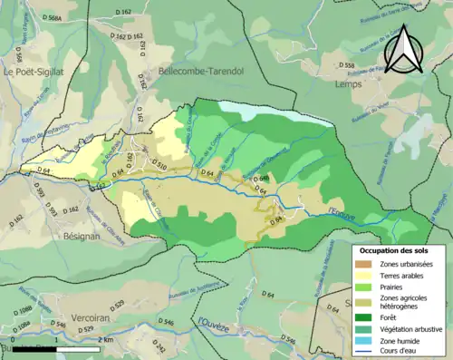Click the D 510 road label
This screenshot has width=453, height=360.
[156, 166]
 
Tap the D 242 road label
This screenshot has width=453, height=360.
[156, 345]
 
